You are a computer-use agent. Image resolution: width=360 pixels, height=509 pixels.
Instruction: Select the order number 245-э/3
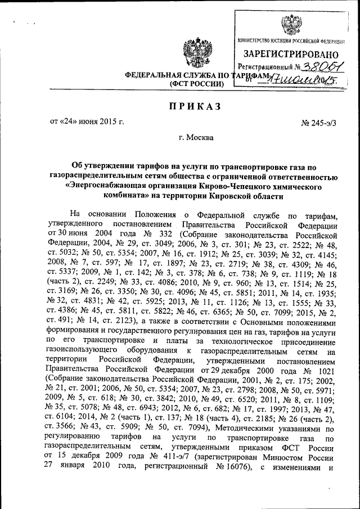coord(319,122)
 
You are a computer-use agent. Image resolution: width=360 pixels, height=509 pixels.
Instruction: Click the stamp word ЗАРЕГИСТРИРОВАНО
coord(291,54)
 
